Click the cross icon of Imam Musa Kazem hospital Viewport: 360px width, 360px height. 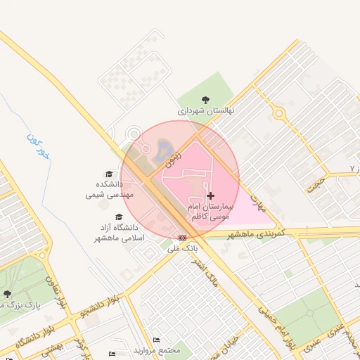[210, 195]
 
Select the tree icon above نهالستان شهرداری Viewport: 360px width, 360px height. [205, 100]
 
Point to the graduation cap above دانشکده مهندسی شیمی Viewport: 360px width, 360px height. [109, 174]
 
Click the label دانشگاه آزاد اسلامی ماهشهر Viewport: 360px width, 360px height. [119, 233]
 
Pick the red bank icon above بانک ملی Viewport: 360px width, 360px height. [183, 238]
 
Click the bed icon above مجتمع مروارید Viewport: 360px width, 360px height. [156, 340]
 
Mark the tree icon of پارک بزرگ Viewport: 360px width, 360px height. [7, 294]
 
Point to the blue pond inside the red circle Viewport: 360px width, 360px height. [164, 148]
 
